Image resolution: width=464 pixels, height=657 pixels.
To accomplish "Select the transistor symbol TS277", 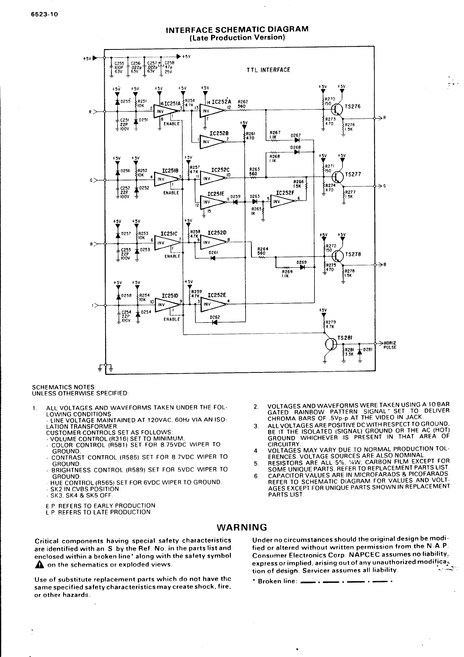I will pyautogui.click(x=337, y=175).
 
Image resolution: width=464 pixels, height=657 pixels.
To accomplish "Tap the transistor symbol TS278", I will pyautogui.click(x=337, y=255).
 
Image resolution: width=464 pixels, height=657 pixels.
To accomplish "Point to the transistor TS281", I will pyautogui.click(x=331, y=344).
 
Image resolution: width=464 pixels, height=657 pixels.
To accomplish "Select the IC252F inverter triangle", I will pyautogui.click(x=282, y=201).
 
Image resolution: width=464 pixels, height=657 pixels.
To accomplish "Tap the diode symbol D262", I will pyautogui.click(x=214, y=322).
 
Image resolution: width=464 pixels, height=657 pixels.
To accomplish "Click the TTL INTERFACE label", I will pyautogui.click(x=269, y=70).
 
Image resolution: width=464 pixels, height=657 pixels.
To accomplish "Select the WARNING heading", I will pyautogui.click(x=242, y=527).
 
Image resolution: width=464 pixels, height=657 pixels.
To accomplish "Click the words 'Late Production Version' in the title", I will pyautogui.click(x=237, y=38).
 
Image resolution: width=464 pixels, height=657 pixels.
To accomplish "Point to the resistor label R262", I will pyautogui.click(x=242, y=101).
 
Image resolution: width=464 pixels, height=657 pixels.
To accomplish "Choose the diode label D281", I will pyautogui.click(x=368, y=349).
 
